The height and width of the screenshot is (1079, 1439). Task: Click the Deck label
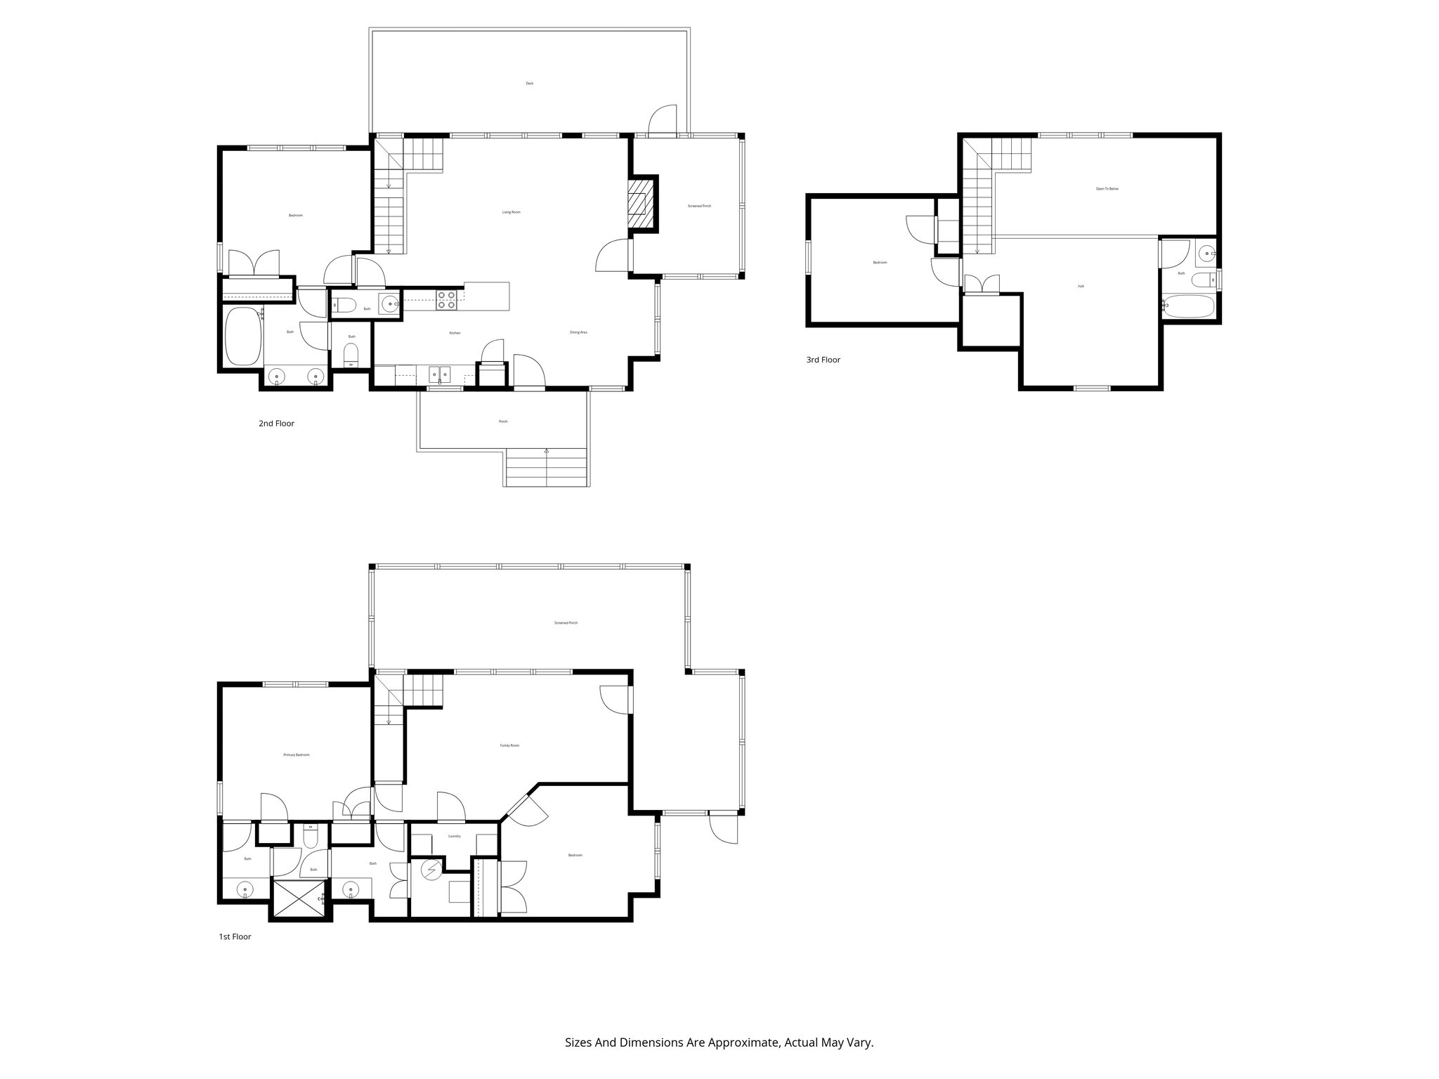coord(529,84)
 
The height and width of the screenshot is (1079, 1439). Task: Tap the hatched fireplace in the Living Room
coord(639,203)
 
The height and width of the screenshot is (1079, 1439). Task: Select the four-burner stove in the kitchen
coord(446,300)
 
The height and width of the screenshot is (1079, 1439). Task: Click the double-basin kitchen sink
coord(440,374)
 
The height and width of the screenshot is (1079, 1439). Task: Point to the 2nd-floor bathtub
coord(243,336)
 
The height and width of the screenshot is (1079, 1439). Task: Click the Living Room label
coord(511,211)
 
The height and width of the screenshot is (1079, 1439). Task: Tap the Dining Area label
coord(578,332)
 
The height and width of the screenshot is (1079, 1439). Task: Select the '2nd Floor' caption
coord(276,424)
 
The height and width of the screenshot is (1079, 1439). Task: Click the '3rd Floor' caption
coord(823,360)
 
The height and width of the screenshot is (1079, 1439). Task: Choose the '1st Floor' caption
coord(235,936)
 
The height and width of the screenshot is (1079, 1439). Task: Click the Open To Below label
coord(1107,189)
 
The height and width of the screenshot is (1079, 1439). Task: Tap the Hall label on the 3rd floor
coord(1080,286)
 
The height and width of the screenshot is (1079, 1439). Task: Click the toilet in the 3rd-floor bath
coord(1203,280)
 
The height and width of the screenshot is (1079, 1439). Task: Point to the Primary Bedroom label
coord(296,754)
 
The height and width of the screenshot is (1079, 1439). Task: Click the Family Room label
coord(509,745)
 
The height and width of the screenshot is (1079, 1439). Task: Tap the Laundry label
coord(454,836)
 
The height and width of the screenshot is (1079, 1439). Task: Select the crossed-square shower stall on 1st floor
coord(298,898)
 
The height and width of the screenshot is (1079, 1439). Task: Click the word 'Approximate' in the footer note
coord(743,1042)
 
